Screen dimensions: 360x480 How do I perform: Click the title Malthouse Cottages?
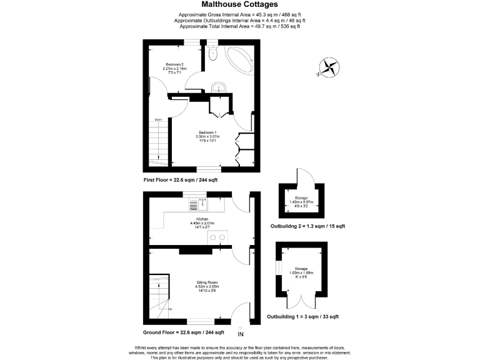(x=239, y=5)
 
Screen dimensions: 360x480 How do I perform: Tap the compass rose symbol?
(x=329, y=67)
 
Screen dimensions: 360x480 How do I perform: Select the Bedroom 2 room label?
(x=174, y=68)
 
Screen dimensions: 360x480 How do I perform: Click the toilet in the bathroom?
(x=213, y=54)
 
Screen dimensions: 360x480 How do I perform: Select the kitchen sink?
(x=194, y=204)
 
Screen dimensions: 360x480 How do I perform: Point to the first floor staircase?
(x=160, y=141)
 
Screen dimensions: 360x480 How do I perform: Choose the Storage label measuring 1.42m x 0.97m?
(x=301, y=201)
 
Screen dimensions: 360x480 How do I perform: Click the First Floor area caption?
(x=181, y=179)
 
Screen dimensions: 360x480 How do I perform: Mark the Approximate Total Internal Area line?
(x=239, y=26)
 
